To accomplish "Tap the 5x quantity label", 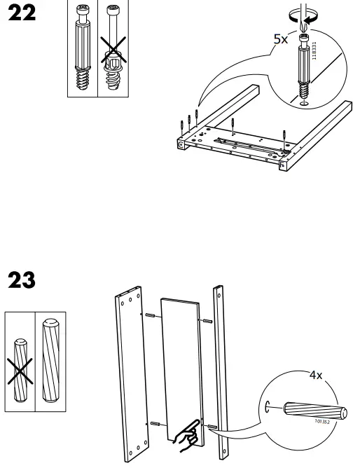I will click(x=280, y=40).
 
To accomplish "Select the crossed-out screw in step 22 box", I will click(x=112, y=53).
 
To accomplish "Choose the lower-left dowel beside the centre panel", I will click(x=155, y=425).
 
